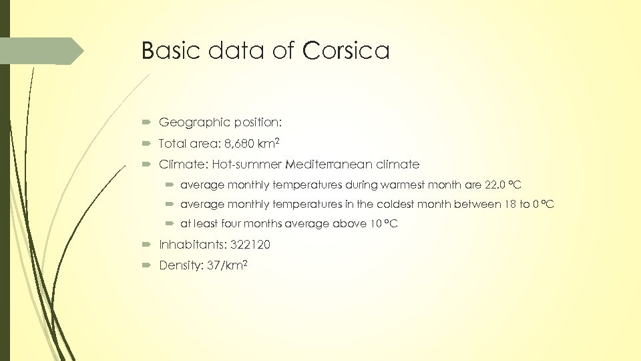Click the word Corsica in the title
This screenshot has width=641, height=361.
pyautogui.click(x=346, y=51)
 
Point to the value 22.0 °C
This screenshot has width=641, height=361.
pyautogui.click(x=503, y=184)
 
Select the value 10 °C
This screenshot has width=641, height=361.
pyautogui.click(x=383, y=224)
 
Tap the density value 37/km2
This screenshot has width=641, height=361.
pyautogui.click(x=228, y=265)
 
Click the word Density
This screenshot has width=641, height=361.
pyautogui.click(x=179, y=265)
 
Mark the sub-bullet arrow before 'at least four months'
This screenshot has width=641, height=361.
pyautogui.click(x=171, y=224)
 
